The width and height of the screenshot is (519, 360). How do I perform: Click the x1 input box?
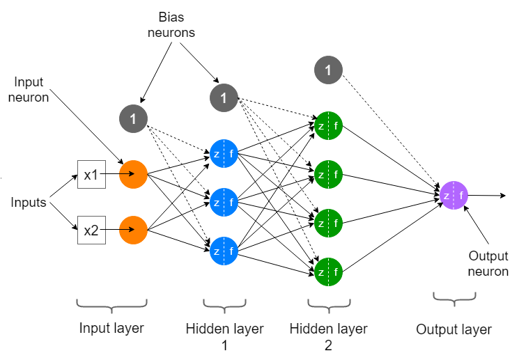(91, 175)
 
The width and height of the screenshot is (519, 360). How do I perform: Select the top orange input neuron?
(133, 175)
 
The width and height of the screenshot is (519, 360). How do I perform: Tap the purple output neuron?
(454, 196)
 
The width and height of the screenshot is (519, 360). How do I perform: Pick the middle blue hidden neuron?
(224, 202)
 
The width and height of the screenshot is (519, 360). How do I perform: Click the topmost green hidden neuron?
(328, 126)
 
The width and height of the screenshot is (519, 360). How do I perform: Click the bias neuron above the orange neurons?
(133, 118)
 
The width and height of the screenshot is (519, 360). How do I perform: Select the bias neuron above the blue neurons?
(224, 98)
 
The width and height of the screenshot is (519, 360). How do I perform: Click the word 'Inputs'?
(29, 203)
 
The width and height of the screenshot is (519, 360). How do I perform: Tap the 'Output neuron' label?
(488, 264)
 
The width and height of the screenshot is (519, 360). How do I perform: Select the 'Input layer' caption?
(111, 328)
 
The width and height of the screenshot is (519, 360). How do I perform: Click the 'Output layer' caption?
(454, 329)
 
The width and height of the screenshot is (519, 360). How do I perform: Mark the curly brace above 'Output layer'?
(454, 298)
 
